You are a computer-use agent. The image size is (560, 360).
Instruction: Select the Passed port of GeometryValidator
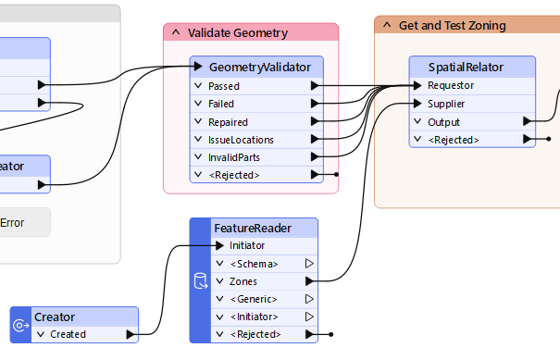pos(224,86)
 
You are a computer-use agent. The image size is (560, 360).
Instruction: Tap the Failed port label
pos(221,104)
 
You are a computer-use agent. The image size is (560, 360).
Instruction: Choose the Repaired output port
pos(228,122)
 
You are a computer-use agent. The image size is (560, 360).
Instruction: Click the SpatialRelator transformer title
pos(472,68)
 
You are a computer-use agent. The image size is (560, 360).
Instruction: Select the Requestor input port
pos(451,86)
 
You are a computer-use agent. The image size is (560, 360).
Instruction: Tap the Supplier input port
pos(446,104)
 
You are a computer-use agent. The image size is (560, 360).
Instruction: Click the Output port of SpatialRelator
pos(443,122)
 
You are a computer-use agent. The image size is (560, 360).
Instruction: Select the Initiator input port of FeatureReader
pos(247,245)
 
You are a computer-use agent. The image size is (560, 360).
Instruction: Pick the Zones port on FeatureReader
pos(243,281)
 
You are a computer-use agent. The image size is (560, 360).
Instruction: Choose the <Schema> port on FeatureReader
pos(254,264)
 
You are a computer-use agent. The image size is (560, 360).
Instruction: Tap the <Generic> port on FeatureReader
pos(254,299)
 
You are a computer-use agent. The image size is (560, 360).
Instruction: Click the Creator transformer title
pos(55,317)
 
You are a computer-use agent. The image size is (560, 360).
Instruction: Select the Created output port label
pos(68,334)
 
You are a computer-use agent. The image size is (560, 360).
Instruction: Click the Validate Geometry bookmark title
pos(237,32)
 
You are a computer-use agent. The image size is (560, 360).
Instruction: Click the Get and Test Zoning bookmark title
pos(452,25)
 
